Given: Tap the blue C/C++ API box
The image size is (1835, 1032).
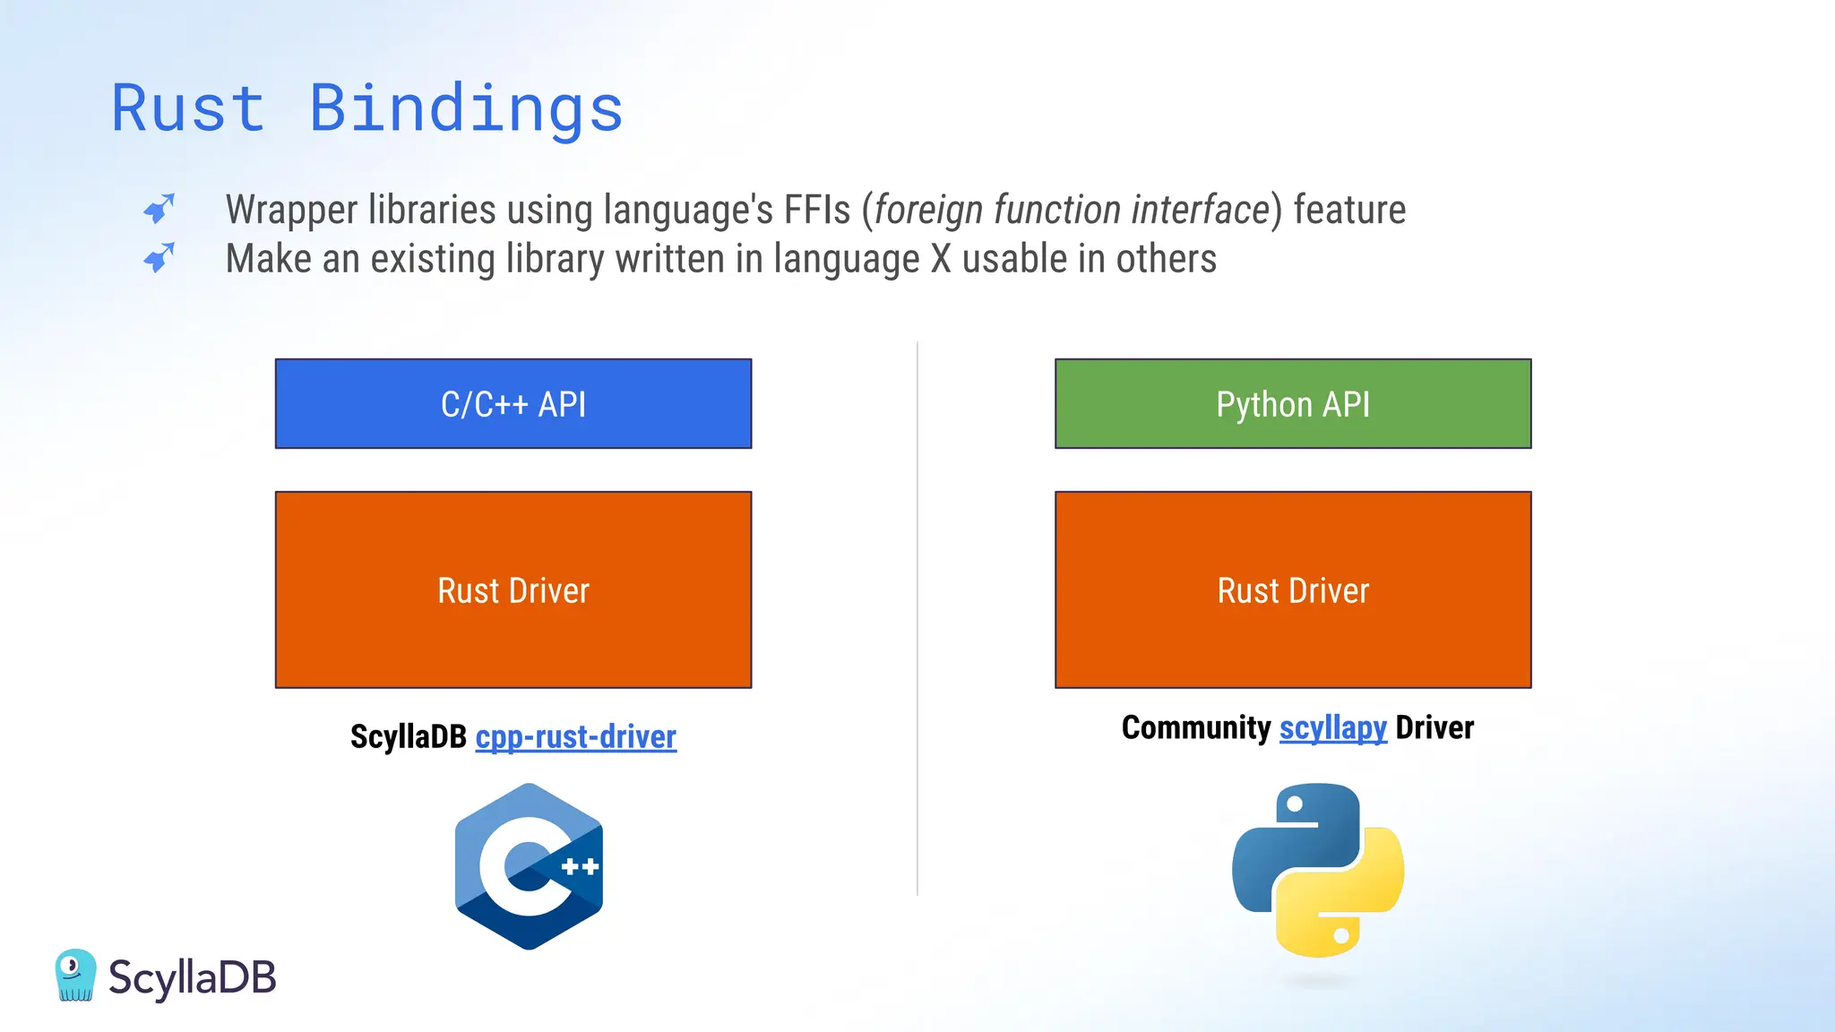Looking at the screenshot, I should pyautogui.click(x=513, y=404).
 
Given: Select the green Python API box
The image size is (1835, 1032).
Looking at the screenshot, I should pyautogui.click(x=1292, y=404).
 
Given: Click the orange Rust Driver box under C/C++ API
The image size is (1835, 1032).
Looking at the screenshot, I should pyautogui.click(x=513, y=589).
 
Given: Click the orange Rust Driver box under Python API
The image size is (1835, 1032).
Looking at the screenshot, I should pyautogui.click(x=1292, y=589).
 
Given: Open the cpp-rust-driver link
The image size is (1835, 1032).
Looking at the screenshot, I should pyautogui.click(x=575, y=736).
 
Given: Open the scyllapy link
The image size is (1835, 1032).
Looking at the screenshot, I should pyautogui.click(x=1332, y=727).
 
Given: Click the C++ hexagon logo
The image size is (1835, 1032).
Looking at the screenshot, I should pyautogui.click(x=529, y=866).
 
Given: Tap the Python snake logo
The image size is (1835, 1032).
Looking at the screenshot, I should pyautogui.click(x=1317, y=869).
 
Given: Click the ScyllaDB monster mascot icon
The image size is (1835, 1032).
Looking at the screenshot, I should pyautogui.click(x=75, y=975).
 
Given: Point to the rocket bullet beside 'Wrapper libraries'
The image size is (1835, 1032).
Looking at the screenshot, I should pyautogui.click(x=159, y=209).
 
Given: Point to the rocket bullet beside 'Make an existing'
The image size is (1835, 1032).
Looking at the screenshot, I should pyautogui.click(x=159, y=258).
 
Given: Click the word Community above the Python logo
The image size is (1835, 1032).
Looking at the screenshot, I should pyautogui.click(x=1195, y=727).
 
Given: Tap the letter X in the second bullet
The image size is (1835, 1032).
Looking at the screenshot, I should pyautogui.click(x=941, y=259).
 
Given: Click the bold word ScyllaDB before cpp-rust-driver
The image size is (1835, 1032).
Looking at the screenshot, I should pyautogui.click(x=409, y=736).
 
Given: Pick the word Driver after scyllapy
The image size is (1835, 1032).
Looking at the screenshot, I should pyautogui.click(x=1434, y=727).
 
